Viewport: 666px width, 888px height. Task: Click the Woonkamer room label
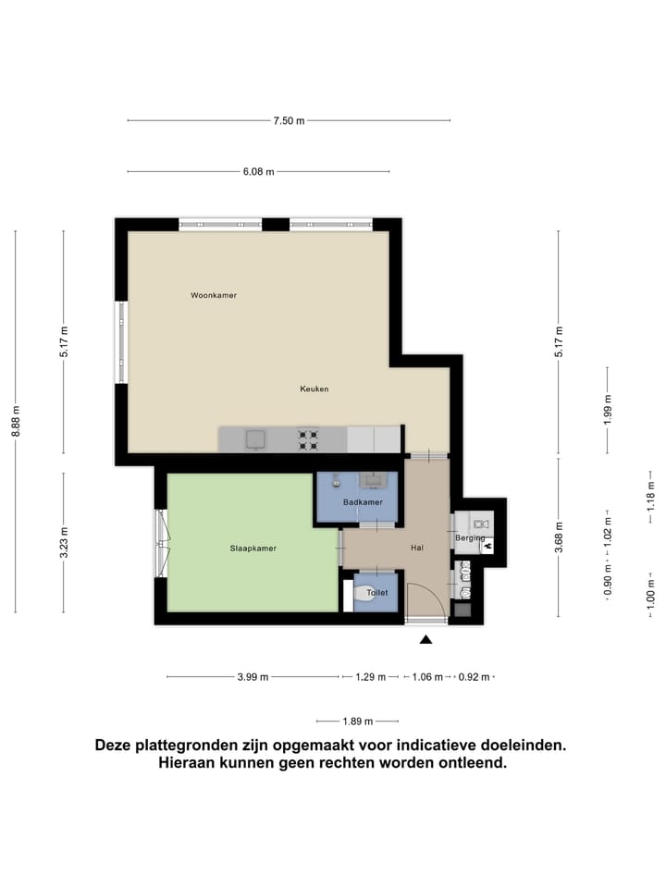pos(214,295)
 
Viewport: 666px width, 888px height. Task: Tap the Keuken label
pos(314,388)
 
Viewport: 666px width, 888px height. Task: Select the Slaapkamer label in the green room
pos(253,549)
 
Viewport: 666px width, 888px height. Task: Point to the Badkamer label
pos(362,502)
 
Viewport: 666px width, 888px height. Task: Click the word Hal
pos(417,549)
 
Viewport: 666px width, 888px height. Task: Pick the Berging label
pos(470,537)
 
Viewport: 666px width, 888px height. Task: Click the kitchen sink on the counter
pos(255,439)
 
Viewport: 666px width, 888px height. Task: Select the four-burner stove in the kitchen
pos(308,438)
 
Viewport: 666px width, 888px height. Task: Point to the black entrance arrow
pos(426,639)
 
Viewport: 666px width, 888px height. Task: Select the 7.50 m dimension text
pos(289,120)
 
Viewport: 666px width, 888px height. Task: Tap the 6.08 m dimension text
pos(258,171)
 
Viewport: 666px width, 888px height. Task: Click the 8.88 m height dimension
pos(16,422)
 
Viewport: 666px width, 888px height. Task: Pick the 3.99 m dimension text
pos(253,677)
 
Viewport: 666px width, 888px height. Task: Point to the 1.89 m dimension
pos(357,721)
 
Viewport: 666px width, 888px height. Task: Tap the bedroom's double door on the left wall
pos(163,543)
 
